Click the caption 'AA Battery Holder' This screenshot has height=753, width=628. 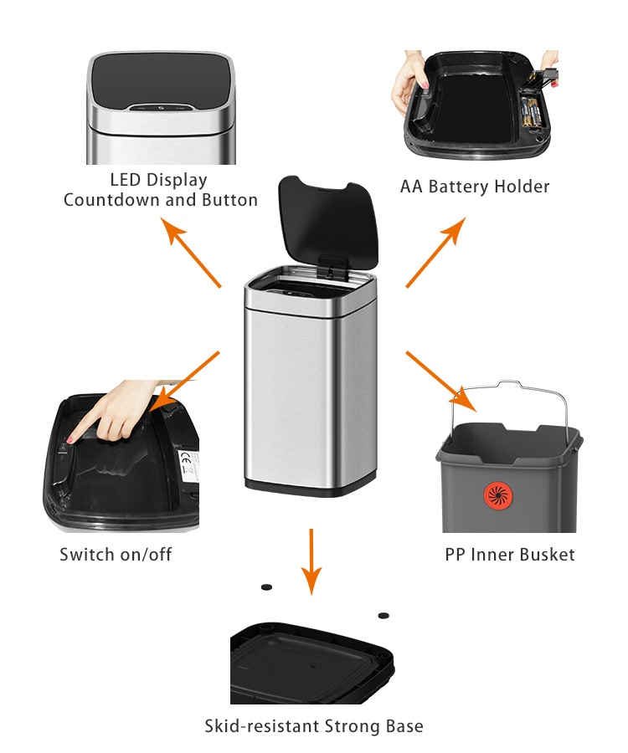pos(475,186)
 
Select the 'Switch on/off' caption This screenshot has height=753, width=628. pos(116,554)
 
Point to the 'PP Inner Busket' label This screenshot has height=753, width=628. pos(510,554)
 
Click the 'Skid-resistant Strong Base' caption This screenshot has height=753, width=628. pos(314,725)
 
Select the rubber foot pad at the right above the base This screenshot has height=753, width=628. pos(383,615)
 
